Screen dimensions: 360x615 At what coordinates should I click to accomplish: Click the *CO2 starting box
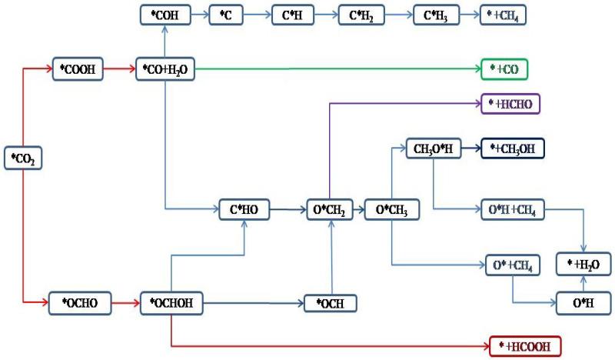[x=24, y=159]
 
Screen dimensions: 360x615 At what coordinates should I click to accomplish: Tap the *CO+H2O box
[x=165, y=69]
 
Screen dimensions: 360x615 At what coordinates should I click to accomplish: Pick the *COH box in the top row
[x=165, y=15]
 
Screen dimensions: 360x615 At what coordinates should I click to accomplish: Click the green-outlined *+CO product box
[x=504, y=69]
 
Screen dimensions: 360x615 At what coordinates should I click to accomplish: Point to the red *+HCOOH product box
[x=525, y=346]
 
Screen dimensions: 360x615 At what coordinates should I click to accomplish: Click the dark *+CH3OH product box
[x=513, y=148]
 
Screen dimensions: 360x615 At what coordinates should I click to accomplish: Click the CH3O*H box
[x=434, y=148]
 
